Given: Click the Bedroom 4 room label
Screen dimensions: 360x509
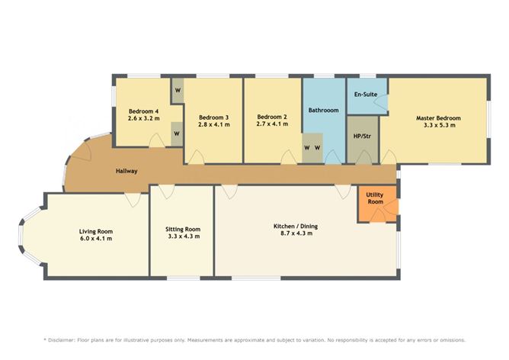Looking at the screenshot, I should coord(143,111).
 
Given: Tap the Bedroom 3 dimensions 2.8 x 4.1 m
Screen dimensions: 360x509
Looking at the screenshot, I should coord(213,124).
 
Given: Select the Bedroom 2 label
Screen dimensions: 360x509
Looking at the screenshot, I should coord(272,117).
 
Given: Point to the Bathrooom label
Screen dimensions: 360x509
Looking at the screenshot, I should coord(323,111).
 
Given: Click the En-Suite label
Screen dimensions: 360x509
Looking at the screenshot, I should coord(364,94).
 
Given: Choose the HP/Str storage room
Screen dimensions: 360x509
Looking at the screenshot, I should coord(362,138).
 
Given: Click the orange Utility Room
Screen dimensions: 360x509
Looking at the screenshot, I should coord(375,198).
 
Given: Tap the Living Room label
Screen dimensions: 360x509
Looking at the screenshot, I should coord(96,231).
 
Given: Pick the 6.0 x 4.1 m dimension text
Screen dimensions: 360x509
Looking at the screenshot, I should coord(96,239).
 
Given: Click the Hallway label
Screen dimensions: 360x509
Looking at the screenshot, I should coord(126,171).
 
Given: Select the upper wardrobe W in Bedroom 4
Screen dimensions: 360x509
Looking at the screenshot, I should coord(177,91).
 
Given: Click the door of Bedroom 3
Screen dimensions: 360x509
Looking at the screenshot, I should coord(196,158).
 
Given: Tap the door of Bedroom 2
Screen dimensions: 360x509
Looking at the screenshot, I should coord(289,158).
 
